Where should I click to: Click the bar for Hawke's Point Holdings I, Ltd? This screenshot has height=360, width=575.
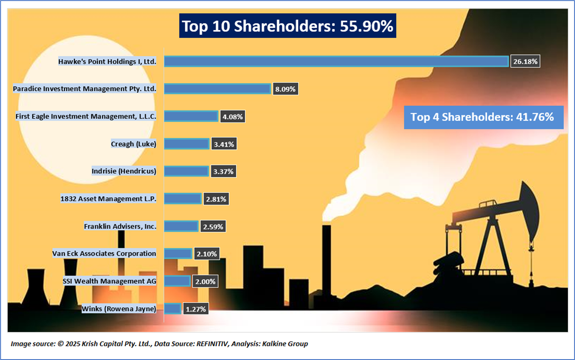336,62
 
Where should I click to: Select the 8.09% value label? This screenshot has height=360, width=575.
285,89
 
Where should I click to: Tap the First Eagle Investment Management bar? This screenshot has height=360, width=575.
191,116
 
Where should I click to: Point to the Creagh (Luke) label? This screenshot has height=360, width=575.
133,144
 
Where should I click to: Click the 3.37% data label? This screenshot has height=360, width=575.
223,172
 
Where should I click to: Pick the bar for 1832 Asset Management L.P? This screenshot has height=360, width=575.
183,199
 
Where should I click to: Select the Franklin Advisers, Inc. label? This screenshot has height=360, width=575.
120,226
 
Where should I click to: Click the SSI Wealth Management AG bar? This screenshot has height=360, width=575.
177,281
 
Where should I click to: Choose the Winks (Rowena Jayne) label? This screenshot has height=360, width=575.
119,309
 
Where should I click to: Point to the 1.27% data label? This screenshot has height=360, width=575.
196,309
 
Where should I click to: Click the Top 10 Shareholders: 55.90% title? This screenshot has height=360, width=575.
287,26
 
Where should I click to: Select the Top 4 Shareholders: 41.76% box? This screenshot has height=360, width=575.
483,117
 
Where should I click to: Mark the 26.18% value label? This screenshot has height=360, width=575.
525,62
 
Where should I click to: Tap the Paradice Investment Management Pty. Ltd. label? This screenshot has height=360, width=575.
85,89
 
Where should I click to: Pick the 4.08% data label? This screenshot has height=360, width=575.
232,117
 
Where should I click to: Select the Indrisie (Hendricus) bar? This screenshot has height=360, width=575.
186,172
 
